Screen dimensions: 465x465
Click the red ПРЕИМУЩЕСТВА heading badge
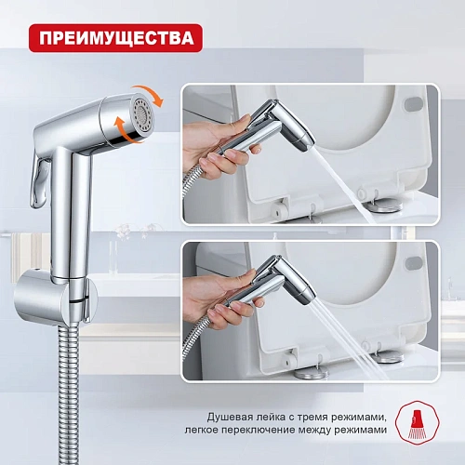[115, 38]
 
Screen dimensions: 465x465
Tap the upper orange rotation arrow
[151, 92]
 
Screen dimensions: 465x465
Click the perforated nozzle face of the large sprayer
[142, 115]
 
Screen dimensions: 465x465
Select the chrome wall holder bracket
[56, 297]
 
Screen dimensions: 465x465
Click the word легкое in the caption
[202, 431]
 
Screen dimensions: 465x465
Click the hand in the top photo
[217, 146]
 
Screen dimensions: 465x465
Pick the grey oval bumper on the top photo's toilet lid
[415, 104]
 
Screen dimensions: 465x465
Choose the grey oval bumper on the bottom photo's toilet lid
[414, 263]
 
